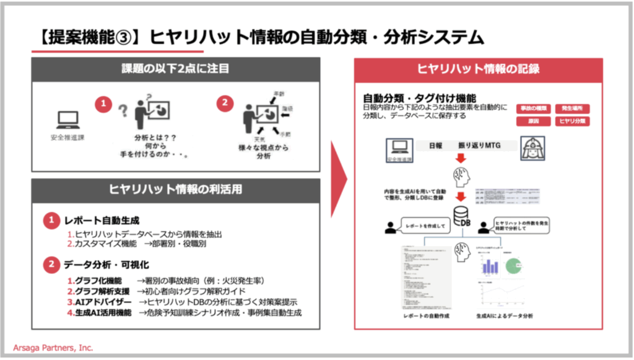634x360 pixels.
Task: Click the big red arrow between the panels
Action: [337, 179]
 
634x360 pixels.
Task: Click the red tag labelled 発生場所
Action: [572, 108]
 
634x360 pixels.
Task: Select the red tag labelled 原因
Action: [533, 121]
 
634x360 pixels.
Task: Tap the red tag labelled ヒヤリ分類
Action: [572, 121]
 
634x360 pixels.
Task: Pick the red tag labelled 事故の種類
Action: [533, 108]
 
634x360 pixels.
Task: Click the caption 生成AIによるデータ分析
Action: [505, 316]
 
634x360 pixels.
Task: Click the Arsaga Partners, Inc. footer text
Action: [53, 348]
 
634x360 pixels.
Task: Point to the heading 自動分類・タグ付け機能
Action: [419, 98]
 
